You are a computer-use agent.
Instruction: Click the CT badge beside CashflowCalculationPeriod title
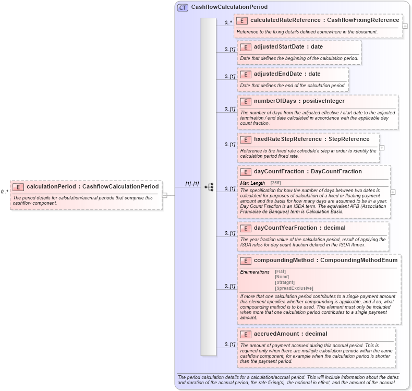(x=183, y=7)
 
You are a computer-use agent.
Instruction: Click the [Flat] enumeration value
(x=280, y=272)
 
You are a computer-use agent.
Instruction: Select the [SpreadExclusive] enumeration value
(x=294, y=288)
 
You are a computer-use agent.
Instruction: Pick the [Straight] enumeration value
(x=284, y=282)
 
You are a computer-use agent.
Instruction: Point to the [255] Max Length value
(x=275, y=183)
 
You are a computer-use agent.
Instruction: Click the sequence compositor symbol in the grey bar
(x=209, y=186)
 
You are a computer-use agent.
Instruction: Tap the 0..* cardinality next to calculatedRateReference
(x=228, y=23)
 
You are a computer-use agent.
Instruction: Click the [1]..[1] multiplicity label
(x=192, y=184)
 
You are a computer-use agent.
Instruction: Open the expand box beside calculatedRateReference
(x=405, y=26)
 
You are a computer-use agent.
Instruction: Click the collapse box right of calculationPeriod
(x=164, y=195)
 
